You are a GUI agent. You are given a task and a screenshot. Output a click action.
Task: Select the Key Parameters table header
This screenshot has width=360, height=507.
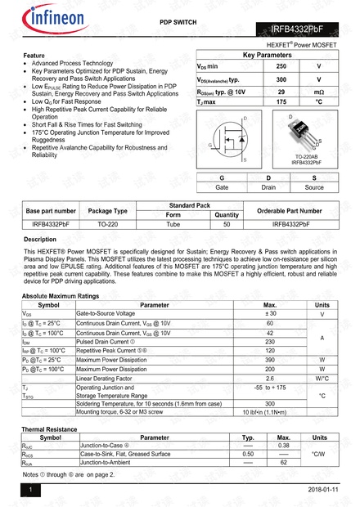coord(267,54)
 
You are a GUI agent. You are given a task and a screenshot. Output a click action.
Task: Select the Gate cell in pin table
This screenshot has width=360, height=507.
coord(222,187)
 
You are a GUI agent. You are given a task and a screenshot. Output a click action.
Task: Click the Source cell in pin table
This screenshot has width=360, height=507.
coord(314,187)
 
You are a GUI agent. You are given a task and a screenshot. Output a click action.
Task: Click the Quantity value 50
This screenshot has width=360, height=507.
coord(227,223)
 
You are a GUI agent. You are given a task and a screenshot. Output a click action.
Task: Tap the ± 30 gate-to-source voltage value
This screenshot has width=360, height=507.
coord(270,313)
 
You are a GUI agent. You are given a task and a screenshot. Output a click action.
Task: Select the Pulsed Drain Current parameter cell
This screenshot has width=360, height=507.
coord(107,341)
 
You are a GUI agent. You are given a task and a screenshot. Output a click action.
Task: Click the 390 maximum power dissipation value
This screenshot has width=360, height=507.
coord(270,360)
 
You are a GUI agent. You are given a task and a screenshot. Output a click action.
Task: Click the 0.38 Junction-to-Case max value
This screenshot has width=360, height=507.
coord(284,446)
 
